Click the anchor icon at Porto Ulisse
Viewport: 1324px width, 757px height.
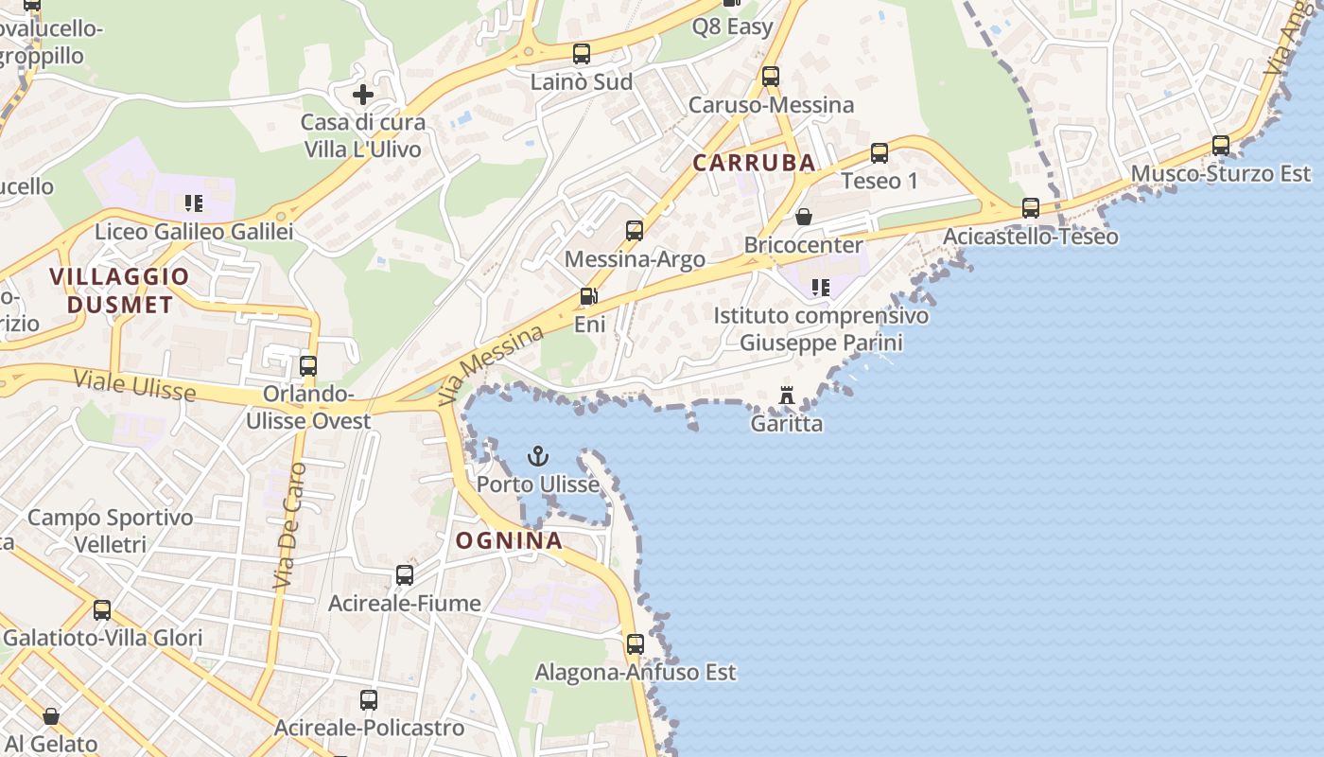537,457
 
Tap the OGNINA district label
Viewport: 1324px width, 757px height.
510,541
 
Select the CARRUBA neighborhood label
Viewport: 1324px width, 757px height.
754,163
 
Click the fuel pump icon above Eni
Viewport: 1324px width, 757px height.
588,297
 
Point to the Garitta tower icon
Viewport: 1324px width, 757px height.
786,396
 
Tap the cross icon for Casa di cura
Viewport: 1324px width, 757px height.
363,95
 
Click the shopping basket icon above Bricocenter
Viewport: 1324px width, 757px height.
803,217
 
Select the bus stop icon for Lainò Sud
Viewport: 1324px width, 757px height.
581,54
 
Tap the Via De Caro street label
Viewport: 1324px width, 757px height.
290,526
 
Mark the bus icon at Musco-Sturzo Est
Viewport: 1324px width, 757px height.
1221,146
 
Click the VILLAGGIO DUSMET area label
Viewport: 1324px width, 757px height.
119,290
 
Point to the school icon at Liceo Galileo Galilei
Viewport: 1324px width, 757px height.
194,202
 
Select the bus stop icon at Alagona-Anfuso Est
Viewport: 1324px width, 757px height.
636,644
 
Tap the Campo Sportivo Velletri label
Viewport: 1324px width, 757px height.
110,531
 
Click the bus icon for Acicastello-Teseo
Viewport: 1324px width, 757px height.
1031,208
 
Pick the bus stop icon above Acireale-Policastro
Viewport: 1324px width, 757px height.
369,700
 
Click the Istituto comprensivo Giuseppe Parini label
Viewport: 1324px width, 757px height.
821,328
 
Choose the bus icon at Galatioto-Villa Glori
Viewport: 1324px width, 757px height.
102,610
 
